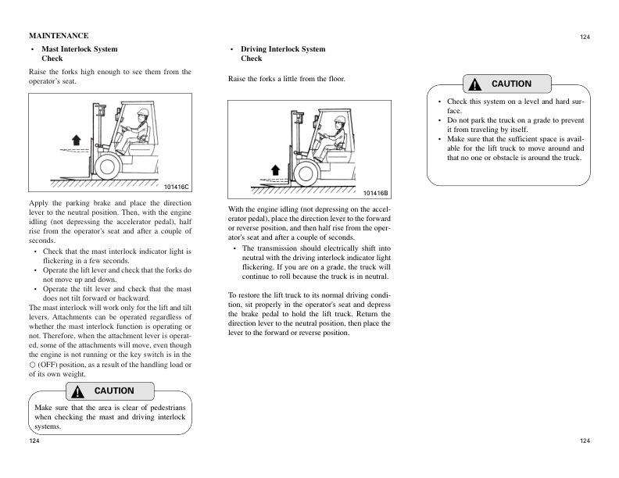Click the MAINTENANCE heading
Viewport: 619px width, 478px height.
[x=59, y=36]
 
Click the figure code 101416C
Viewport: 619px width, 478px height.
[x=177, y=186]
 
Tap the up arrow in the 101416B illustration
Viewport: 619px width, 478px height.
[x=274, y=169]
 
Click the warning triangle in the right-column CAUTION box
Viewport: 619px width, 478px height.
[x=474, y=84]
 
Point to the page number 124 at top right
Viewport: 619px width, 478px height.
[x=585, y=37]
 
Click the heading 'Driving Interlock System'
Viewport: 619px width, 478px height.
[x=282, y=49]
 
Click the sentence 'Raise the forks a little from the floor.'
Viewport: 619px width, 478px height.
[x=286, y=80]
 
